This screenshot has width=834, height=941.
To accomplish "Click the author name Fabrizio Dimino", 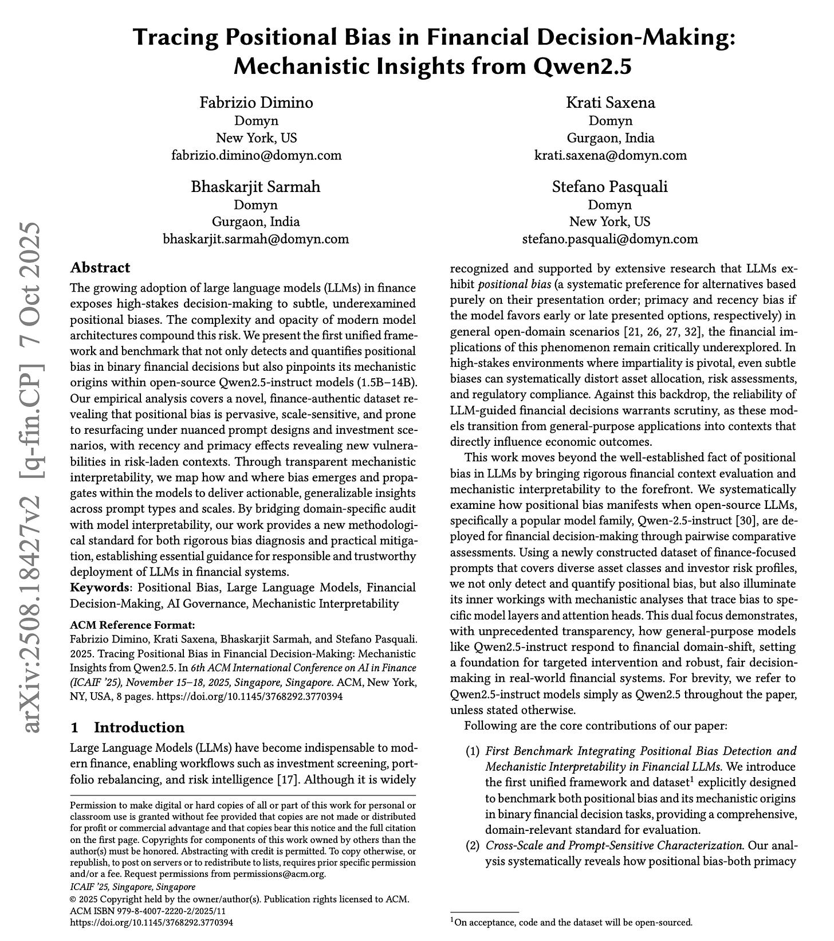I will click(256, 103).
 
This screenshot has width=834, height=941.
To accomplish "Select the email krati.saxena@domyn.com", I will click(610, 155).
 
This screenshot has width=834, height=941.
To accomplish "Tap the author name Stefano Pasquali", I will click(609, 187).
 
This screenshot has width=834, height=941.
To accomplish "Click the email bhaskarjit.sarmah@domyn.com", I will click(256, 239).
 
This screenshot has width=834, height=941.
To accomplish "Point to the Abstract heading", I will click(100, 268).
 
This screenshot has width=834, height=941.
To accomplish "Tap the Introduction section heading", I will click(139, 728).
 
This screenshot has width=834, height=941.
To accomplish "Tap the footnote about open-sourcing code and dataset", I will click(573, 923).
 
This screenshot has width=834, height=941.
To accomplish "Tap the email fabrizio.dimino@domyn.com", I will click(256, 155).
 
